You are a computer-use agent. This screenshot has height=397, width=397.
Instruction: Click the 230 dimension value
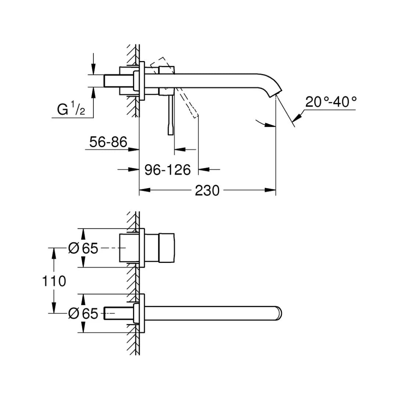[x=207, y=190]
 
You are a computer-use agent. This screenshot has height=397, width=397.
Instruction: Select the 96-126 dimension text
[x=167, y=170]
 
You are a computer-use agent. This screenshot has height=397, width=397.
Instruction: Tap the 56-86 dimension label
[x=108, y=142]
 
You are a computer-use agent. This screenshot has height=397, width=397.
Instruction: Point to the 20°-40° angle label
[x=331, y=102]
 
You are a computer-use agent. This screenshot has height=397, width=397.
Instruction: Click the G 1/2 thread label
[x=71, y=110]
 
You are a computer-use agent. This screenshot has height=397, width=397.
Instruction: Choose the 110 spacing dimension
[x=54, y=281]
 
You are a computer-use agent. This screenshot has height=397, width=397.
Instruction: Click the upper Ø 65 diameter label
[x=83, y=249]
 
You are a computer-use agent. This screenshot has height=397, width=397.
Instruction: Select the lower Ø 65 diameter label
[x=83, y=314]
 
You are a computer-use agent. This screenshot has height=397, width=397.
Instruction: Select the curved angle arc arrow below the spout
[x=264, y=124]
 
